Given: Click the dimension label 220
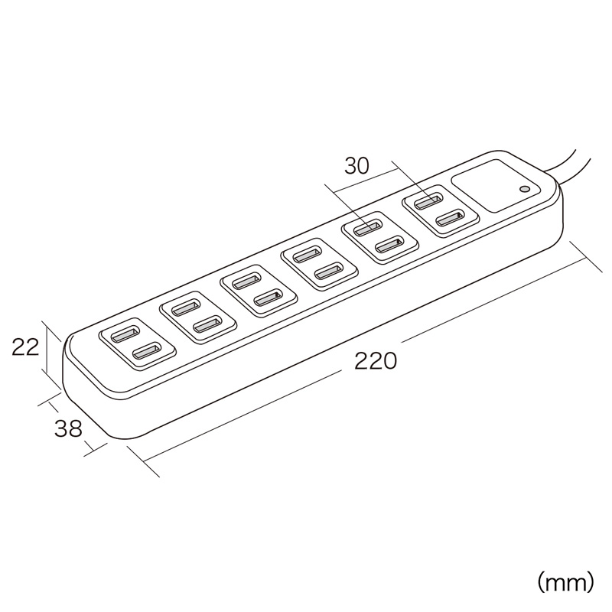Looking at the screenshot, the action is (375, 360).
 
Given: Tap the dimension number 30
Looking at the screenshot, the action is (356, 166).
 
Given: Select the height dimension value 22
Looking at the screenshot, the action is (25, 347).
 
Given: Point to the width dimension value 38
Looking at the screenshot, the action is (68, 428).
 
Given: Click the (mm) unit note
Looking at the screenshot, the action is (565, 582).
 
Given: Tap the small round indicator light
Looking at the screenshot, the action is (525, 190).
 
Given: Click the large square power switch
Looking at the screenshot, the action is (496, 186).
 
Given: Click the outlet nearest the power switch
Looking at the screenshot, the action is (441, 210).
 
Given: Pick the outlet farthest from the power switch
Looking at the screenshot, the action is (138, 343).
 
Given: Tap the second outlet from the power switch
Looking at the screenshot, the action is (379, 237).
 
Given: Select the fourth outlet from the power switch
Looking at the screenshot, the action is (259, 290).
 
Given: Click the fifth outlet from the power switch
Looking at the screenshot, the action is (198, 317).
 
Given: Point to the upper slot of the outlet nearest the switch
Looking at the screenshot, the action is (428, 201).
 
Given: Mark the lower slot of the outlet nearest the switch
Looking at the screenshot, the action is (451, 218).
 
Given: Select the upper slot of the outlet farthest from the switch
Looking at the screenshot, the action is (125, 334).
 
